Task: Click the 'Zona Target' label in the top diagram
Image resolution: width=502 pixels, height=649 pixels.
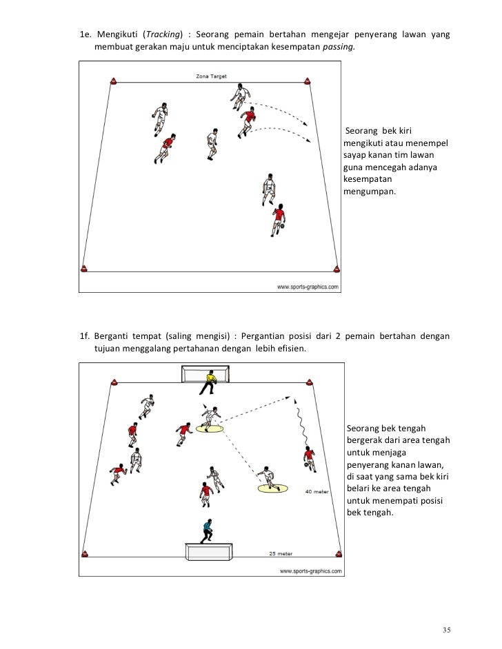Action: pyautogui.click(x=211, y=76)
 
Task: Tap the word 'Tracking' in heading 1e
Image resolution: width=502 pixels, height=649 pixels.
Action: pyautogui.click(x=161, y=35)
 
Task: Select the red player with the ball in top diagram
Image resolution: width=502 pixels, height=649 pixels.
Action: pyautogui.click(x=279, y=220)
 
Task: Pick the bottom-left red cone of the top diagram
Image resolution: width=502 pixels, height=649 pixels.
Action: pyautogui.click(x=85, y=269)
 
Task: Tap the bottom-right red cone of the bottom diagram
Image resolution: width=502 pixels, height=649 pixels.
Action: pyautogui.click(x=339, y=553)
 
